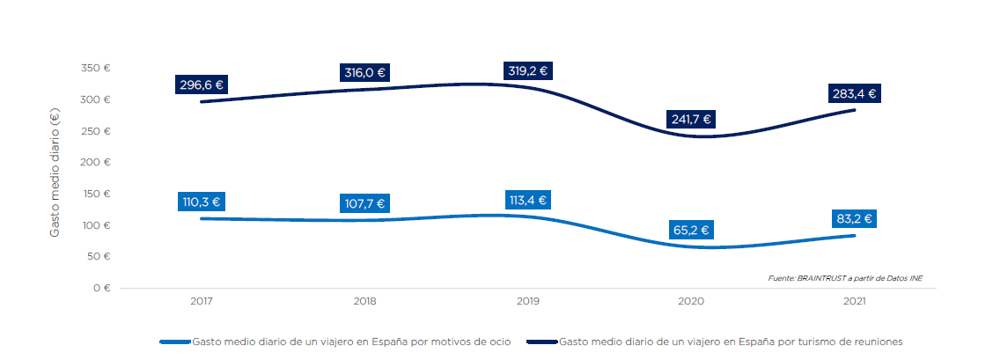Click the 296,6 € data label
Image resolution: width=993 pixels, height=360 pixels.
[x=201, y=85]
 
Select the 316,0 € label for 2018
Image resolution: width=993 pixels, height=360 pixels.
[x=364, y=73]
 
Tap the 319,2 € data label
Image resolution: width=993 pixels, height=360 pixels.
[x=528, y=71]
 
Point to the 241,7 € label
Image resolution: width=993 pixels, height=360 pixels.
[x=690, y=120]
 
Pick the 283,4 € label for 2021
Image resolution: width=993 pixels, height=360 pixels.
[x=854, y=93]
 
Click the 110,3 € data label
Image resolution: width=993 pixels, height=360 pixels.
[x=201, y=202]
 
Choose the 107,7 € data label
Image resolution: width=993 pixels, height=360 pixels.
[x=364, y=203]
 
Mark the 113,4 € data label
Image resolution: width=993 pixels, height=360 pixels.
[x=528, y=200]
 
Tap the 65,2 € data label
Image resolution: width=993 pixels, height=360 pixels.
[x=690, y=231]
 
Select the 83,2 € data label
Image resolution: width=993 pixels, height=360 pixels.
[x=854, y=219]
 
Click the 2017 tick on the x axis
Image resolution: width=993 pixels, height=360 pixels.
[x=201, y=301]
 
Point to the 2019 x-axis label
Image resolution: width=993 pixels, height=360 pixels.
[x=528, y=301]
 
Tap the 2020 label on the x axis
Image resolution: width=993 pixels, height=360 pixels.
[x=691, y=301]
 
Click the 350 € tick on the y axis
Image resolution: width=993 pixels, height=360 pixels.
[x=94, y=68]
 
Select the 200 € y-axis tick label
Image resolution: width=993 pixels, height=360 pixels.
[x=94, y=162]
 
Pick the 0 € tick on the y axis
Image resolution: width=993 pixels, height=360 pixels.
[x=101, y=288]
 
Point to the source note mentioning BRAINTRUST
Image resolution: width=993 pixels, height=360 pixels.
[x=844, y=278]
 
